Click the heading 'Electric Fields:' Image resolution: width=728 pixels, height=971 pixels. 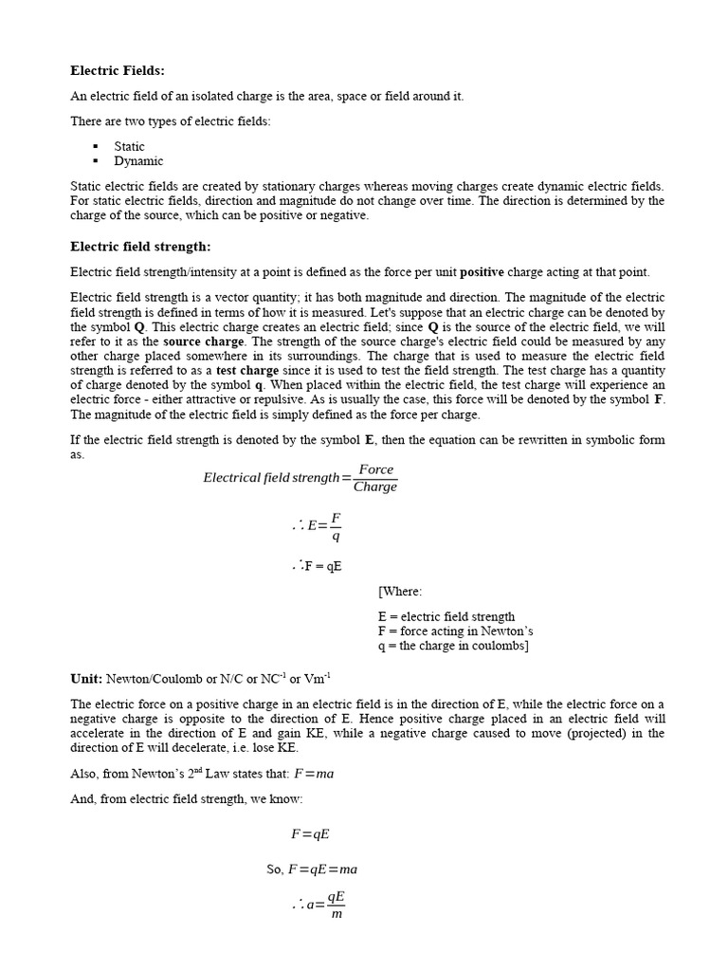click(118, 70)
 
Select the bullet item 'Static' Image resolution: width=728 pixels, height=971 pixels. click(130, 146)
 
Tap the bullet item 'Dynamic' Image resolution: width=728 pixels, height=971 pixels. click(138, 161)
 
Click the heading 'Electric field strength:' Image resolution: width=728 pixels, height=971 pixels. click(140, 247)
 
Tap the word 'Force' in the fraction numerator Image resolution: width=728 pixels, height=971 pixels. click(376, 470)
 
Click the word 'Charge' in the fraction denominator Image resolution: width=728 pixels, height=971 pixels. click(375, 487)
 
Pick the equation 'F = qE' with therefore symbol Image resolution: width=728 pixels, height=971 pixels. click(318, 567)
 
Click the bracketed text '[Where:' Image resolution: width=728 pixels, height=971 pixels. click(400, 592)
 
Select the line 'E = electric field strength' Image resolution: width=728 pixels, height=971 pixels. click(446, 616)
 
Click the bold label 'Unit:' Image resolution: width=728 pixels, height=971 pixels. click(86, 679)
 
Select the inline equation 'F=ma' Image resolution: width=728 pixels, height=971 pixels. click(314, 774)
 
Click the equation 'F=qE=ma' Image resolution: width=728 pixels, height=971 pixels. click(323, 869)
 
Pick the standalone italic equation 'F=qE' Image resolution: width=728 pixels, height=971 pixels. click(310, 834)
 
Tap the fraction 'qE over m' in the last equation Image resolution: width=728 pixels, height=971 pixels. click(337, 906)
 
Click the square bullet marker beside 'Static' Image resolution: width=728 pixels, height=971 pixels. click(96, 146)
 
